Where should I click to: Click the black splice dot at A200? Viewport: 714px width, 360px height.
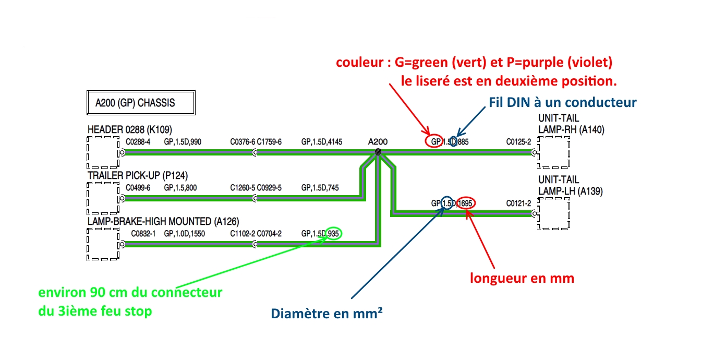(x=378, y=152)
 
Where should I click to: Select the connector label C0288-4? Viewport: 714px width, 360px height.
(x=138, y=142)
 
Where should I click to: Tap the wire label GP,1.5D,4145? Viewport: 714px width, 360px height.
(x=322, y=142)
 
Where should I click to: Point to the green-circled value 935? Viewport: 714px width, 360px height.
(x=334, y=234)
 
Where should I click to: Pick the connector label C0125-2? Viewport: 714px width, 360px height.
(x=518, y=142)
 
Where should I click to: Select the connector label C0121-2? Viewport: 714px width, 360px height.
(x=518, y=203)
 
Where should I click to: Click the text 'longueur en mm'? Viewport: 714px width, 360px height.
(x=522, y=278)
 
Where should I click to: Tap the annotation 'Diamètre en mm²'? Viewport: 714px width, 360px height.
(x=323, y=314)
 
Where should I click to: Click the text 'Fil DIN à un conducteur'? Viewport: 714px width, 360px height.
(x=562, y=102)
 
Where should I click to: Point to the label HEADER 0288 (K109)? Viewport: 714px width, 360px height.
(x=130, y=130)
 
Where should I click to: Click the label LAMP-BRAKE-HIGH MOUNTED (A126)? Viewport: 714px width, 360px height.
(x=163, y=221)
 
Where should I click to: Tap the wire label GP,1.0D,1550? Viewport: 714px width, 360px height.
(x=184, y=234)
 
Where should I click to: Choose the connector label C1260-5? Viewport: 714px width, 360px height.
(x=243, y=188)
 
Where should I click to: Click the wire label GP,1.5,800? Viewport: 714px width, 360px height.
(x=180, y=188)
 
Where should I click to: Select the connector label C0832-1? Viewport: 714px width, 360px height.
(x=143, y=234)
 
